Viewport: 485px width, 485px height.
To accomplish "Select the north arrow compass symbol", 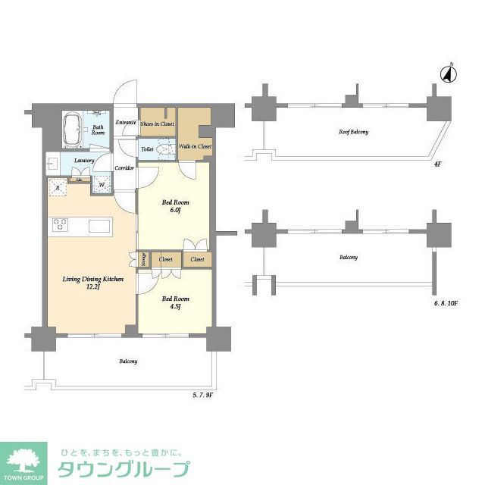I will click(x=448, y=74).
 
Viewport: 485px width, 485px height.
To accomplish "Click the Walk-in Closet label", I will click(x=195, y=146).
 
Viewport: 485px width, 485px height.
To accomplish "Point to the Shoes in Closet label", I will click(x=157, y=123).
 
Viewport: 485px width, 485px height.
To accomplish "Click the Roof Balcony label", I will click(x=353, y=133).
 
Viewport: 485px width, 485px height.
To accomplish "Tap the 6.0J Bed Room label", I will click(x=176, y=207).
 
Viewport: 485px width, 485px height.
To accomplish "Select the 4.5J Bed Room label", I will click(x=176, y=302).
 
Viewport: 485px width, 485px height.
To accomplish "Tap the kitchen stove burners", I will click(x=60, y=224).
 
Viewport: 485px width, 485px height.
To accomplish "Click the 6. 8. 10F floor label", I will click(x=447, y=303).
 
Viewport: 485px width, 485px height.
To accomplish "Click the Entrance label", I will click(x=126, y=123).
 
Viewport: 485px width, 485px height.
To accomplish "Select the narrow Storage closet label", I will click(x=142, y=259).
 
